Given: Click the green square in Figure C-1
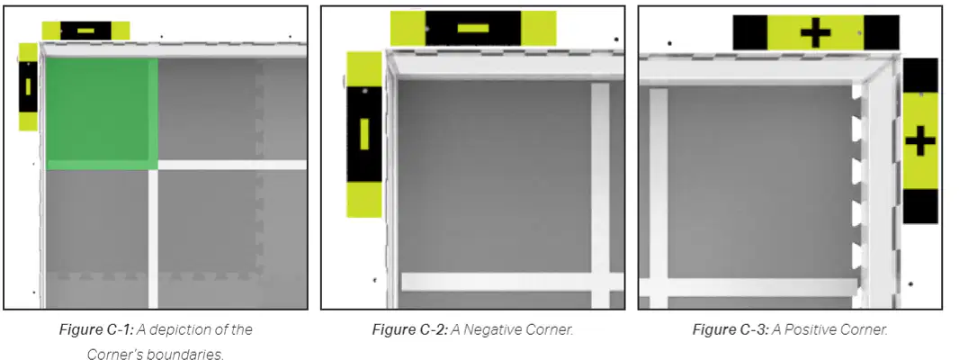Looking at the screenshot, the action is pyautogui.click(x=103, y=113).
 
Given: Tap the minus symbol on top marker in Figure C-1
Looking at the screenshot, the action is pyautogui.click(x=86, y=30).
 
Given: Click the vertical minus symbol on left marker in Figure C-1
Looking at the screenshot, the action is pyautogui.click(x=28, y=87).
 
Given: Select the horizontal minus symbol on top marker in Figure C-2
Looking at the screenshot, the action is pyautogui.click(x=473, y=28).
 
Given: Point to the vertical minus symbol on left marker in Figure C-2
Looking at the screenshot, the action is pyautogui.click(x=364, y=134).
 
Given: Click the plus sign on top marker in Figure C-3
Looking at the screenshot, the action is pyautogui.click(x=815, y=33).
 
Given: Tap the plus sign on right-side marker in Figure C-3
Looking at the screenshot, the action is pyautogui.click(x=920, y=141).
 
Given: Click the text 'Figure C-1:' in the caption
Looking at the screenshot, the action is pyautogui.click(x=95, y=330).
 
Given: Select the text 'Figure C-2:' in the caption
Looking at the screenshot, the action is pyautogui.click(x=409, y=330).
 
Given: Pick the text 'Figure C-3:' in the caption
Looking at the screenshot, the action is pyautogui.click(x=730, y=330).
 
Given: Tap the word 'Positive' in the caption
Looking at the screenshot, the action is pyautogui.click(x=806, y=330).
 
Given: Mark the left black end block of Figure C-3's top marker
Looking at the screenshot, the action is pyautogui.click(x=749, y=32).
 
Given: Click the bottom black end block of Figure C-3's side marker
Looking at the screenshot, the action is pyautogui.click(x=920, y=206).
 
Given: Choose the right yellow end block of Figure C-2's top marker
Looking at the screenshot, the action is pyautogui.click(x=539, y=28).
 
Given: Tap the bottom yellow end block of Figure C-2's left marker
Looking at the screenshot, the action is pyautogui.click(x=364, y=200).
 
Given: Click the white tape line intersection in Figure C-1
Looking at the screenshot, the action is pyautogui.click(x=153, y=165).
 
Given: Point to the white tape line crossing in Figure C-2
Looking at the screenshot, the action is pyautogui.click(x=601, y=282).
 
